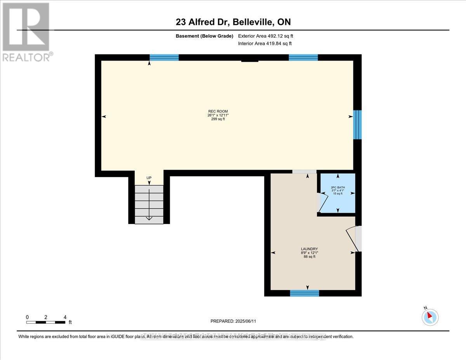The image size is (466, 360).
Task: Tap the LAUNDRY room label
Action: click(310, 249)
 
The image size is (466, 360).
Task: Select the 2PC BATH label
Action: click(337, 187)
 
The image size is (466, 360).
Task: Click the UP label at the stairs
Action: click(149, 178)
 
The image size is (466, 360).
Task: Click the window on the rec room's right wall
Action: click(357, 125)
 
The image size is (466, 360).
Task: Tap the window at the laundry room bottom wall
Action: click(304, 293)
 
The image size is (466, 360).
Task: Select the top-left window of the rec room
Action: click(164, 57)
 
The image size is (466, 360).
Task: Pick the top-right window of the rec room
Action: click(303, 57)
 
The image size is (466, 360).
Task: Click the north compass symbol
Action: click(430, 317)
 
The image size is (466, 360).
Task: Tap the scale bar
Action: click(46, 322)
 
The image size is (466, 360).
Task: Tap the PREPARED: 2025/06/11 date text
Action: click(233, 321)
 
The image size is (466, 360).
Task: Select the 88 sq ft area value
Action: click(310, 256)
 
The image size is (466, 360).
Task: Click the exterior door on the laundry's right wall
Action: click(358, 238)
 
